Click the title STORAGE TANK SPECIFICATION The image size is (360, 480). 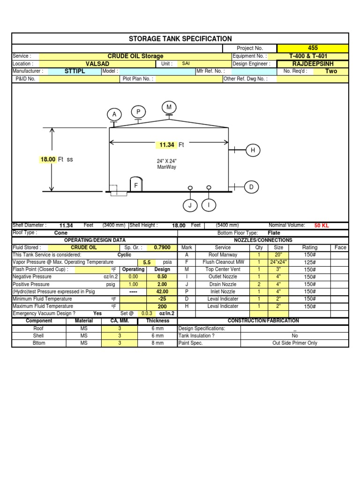tap(180, 39)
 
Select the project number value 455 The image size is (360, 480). tap(313, 48)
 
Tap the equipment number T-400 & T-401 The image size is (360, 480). tap(313, 56)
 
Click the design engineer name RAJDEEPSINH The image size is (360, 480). tap(313, 64)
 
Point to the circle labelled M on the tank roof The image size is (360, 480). tap(169, 107)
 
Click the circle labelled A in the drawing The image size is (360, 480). tap(114, 114)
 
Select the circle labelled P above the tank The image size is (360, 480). tap(138, 112)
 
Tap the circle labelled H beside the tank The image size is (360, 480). tap(253, 150)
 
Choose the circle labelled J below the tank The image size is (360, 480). tap(190, 205)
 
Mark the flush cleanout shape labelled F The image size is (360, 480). tap(136, 185)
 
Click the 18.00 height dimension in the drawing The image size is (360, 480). tap(48, 159)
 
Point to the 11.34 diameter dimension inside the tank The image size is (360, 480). tap(167, 145)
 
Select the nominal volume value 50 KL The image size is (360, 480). tap(322, 225)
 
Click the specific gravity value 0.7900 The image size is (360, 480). tap(162, 247)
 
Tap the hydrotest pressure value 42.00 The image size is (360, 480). tap(162, 292)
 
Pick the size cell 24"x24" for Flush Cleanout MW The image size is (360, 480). tap(278, 262)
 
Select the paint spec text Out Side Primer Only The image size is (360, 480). tap(294, 343)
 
